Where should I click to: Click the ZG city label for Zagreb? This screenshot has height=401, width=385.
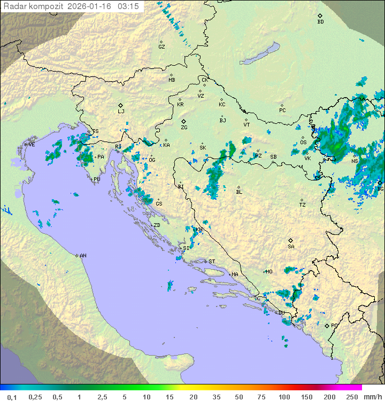click(184, 128)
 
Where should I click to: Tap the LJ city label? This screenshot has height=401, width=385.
click(121, 112)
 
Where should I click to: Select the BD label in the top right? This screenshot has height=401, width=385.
click(320, 22)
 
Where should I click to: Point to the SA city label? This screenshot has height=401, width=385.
click(291, 246)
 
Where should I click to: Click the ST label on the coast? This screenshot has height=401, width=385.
click(212, 262)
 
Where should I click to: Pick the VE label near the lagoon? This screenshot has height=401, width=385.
click(32, 145)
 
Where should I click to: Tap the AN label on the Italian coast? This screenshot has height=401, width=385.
click(83, 256)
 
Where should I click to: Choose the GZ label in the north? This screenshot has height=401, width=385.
click(161, 46)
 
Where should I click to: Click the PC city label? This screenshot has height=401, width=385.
click(282, 111)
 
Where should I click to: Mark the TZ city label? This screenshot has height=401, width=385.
click(303, 205)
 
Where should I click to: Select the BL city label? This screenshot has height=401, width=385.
click(239, 192)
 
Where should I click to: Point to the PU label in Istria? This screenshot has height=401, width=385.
click(97, 179)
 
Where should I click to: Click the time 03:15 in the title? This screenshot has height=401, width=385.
click(129, 6)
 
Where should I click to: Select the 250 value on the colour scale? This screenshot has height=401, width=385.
click(351, 397)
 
